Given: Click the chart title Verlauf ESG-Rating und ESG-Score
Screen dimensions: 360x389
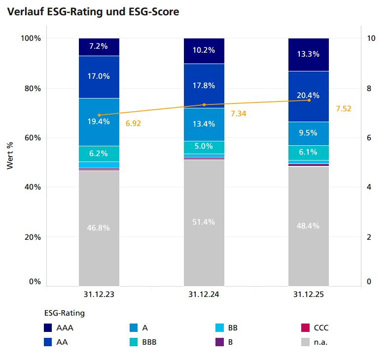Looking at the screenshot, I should (x=93, y=12).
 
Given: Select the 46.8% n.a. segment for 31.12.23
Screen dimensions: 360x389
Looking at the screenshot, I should (x=99, y=228).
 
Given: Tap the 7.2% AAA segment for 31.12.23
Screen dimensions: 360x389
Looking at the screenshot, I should (x=99, y=47).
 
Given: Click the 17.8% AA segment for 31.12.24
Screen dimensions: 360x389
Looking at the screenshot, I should (x=204, y=85).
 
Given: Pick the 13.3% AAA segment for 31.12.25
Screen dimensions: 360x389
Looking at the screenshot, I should (x=309, y=54).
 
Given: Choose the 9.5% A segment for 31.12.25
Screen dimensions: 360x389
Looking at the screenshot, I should (x=309, y=133).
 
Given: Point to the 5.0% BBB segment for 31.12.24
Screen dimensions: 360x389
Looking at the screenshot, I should (x=204, y=146).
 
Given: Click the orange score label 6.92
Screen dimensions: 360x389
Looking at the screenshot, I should (x=133, y=124).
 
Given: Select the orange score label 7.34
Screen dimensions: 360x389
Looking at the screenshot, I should (x=238, y=114).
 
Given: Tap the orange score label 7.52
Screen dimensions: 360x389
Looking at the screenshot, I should (x=343, y=109).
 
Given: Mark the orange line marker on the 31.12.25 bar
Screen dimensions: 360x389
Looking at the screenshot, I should (x=309, y=100).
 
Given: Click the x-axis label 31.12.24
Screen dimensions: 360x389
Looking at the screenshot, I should (x=204, y=295).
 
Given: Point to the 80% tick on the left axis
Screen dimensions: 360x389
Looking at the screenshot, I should (x=30, y=89).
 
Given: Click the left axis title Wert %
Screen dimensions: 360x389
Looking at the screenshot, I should (x=10, y=156).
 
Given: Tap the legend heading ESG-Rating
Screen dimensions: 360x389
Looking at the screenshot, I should (x=65, y=313).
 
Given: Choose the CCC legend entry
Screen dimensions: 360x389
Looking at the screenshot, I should (x=314, y=327).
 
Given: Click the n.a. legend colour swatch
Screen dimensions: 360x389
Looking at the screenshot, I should (x=305, y=342).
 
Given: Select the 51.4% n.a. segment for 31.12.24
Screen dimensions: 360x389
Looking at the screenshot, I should (x=204, y=222).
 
